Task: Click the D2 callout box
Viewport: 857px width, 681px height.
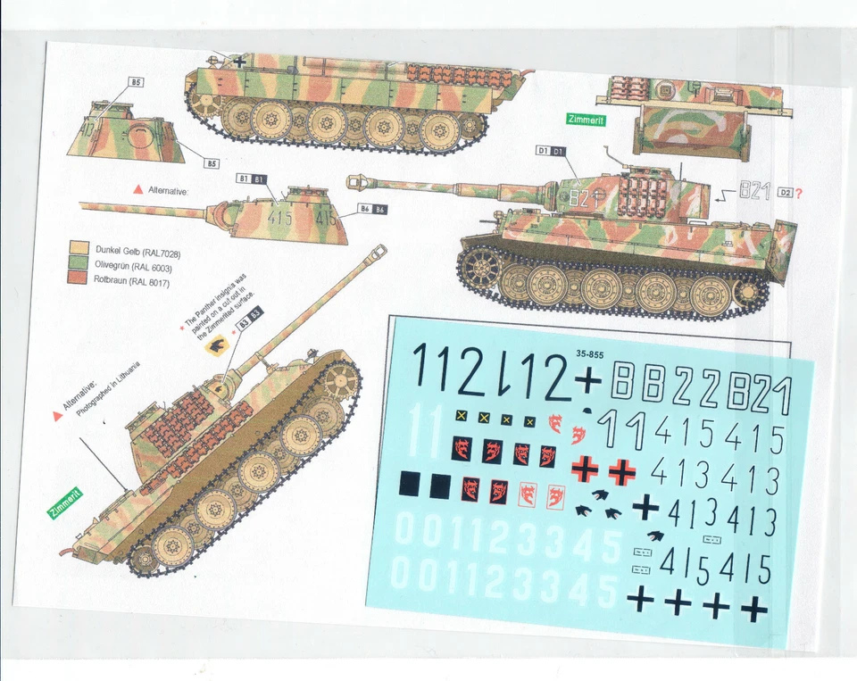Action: pyautogui.click(x=785, y=192)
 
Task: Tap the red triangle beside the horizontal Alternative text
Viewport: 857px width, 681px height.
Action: pyautogui.click(x=137, y=190)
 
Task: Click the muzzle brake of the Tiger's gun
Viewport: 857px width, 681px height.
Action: pyautogui.click(x=355, y=183)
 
